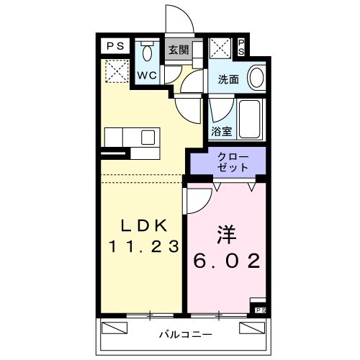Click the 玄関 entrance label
(179, 50)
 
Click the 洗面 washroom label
(220, 81)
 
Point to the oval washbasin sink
(255, 78)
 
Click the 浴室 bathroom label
(221, 132)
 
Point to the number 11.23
(142, 246)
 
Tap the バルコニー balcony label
(184, 335)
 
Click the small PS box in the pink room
(260, 310)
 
